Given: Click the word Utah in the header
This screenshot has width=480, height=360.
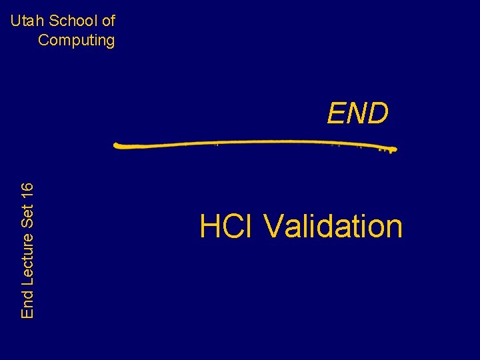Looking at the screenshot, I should coord(24,21).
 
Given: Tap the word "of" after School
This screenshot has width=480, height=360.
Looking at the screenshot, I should coord(108,21).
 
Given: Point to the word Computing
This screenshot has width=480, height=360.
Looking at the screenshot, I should coord(77,40).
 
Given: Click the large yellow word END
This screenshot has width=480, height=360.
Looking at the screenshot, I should coord(357,114).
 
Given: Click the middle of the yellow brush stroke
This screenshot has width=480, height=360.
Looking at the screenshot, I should coord(255,143).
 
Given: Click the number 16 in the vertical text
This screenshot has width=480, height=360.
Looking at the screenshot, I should coord(27,191).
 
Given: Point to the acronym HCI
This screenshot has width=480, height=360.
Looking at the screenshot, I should coord(227,227).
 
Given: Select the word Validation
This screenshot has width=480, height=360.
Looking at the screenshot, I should coord(333,227).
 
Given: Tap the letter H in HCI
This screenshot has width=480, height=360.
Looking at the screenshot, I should coord(209,227).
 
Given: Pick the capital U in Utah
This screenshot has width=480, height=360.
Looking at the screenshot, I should coord(15,21).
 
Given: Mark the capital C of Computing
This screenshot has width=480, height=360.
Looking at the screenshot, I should coord(43,40).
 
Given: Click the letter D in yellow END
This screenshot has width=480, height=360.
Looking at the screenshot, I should coord(377,114).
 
